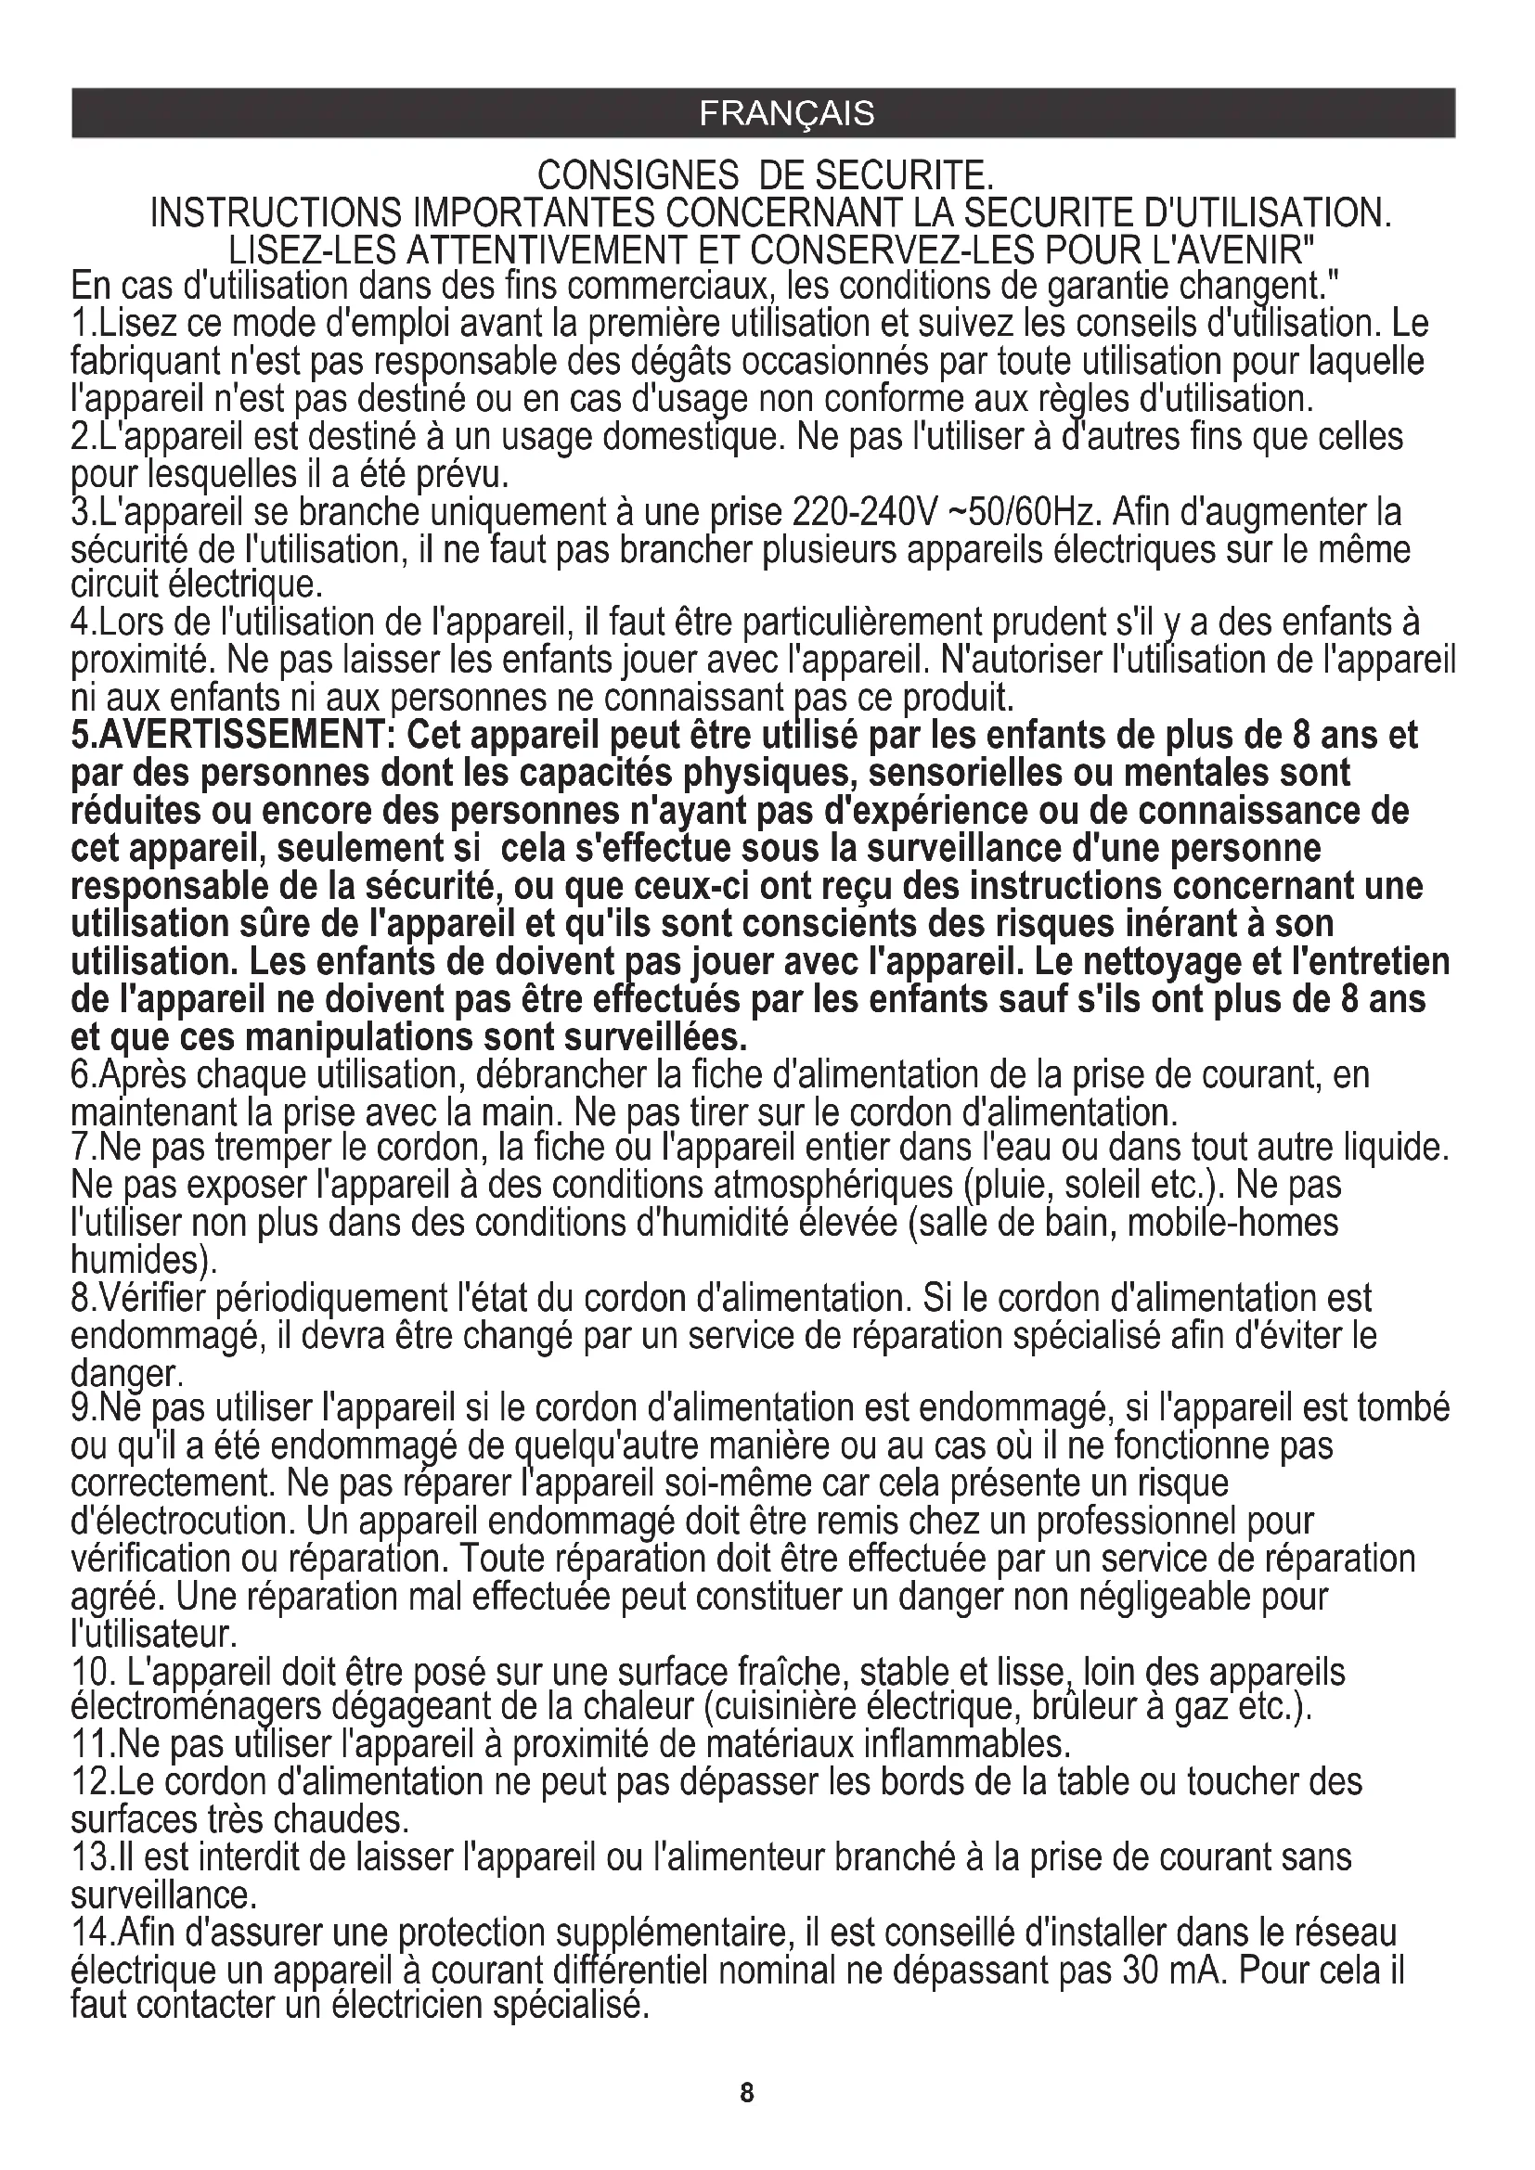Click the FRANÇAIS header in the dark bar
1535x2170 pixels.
coord(786,113)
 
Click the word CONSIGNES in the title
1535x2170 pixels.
coord(638,175)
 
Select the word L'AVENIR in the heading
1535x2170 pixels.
coord(1232,250)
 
